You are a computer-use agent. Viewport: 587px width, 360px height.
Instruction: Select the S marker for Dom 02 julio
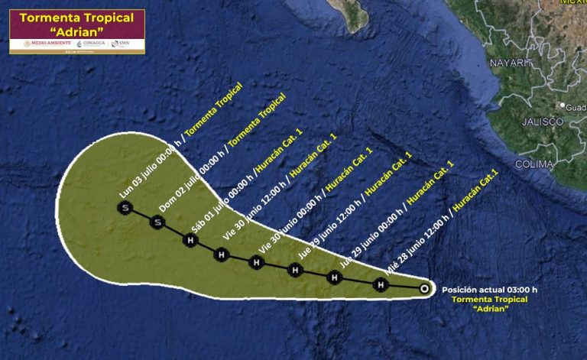click(157, 222)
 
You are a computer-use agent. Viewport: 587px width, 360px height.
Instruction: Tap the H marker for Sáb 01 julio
click(190, 240)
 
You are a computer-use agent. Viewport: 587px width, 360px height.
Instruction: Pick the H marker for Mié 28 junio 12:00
click(381, 285)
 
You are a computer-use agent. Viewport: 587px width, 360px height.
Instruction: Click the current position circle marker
click(425, 289)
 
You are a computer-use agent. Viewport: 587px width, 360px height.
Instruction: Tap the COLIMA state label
click(533, 164)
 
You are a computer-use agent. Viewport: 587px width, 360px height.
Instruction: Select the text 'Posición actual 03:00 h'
click(489, 290)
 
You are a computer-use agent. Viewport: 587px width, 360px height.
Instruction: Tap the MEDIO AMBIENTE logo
click(47, 44)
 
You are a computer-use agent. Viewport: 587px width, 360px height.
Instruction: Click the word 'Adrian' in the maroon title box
click(77, 33)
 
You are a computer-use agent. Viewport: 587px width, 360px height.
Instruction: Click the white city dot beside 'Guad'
click(562, 105)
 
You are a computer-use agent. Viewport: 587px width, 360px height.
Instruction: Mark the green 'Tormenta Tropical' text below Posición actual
click(489, 300)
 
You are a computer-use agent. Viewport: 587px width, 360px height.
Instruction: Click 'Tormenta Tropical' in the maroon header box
click(77, 18)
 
